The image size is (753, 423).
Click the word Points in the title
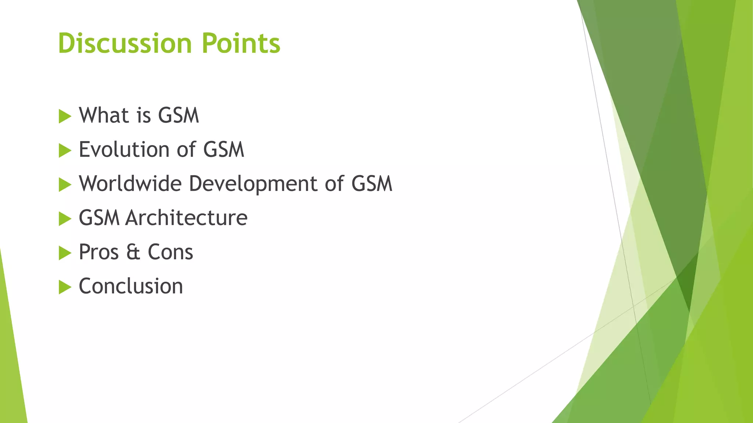click(241, 43)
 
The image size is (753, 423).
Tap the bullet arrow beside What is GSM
click(65, 116)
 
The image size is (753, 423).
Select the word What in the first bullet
click(103, 115)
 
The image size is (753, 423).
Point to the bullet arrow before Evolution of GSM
click(65, 151)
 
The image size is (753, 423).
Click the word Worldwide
click(130, 184)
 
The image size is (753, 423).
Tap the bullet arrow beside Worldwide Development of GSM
click(65, 185)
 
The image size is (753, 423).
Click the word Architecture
click(186, 218)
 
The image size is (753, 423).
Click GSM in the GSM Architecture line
click(99, 218)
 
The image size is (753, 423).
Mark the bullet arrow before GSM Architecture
click(65, 219)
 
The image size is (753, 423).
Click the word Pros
click(99, 252)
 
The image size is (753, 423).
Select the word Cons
click(170, 252)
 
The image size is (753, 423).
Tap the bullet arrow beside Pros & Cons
click(65, 253)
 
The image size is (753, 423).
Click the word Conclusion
click(131, 286)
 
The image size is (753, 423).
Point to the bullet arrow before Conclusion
click(65, 287)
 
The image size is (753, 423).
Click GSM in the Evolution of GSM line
click(224, 149)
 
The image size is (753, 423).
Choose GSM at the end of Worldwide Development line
click(372, 184)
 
